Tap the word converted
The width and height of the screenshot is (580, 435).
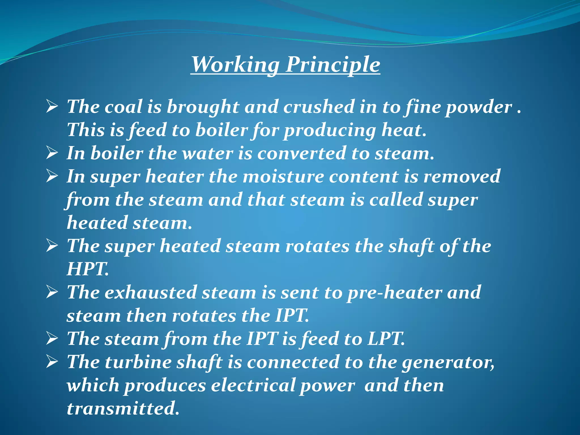[302, 153]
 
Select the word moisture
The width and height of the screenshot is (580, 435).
[283, 176]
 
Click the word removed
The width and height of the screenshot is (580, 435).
[462, 176]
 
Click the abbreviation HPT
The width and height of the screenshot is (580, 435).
[87, 269]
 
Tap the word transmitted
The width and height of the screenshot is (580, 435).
[123, 408]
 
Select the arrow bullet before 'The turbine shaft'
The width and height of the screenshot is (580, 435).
[52, 362]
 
